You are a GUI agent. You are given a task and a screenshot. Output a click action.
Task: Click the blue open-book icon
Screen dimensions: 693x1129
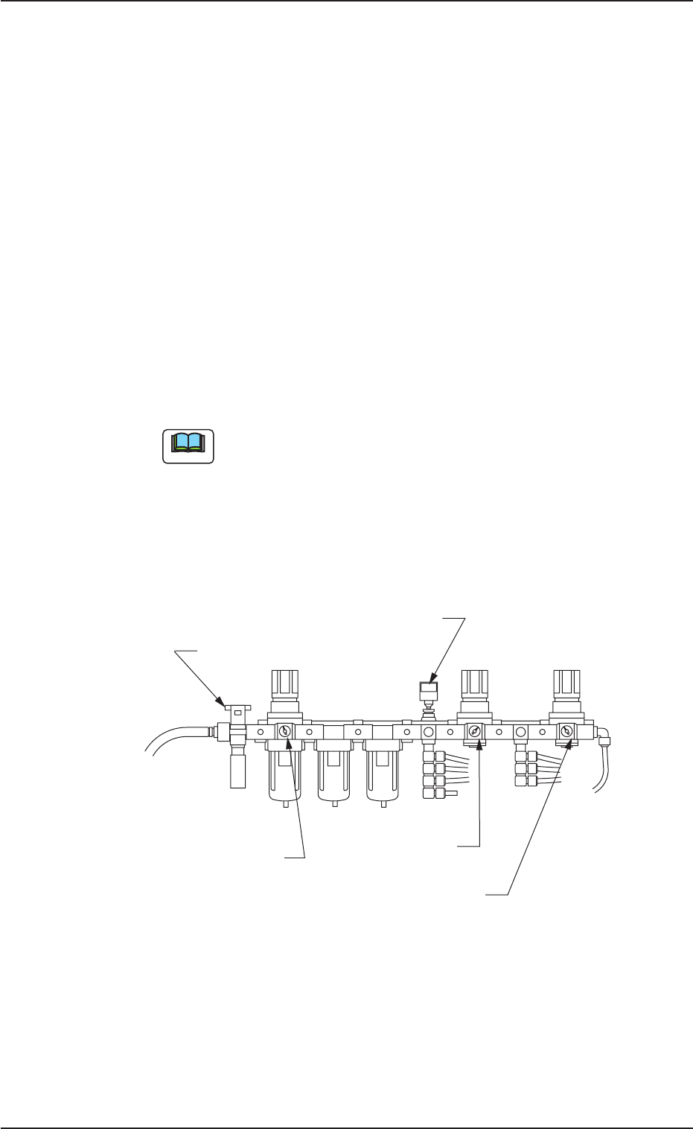click(188, 446)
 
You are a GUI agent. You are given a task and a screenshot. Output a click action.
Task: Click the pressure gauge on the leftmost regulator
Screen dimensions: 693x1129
click(285, 732)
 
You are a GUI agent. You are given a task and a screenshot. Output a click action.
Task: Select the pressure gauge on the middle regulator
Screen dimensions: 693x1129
click(474, 732)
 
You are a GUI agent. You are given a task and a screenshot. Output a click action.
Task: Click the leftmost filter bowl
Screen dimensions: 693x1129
click(285, 773)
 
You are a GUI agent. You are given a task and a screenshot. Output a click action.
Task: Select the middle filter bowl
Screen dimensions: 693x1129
click(333, 773)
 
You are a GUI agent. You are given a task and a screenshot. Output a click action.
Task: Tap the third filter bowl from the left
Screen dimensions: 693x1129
click(382, 773)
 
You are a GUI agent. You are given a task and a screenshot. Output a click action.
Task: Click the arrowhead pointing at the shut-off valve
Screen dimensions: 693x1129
click(221, 701)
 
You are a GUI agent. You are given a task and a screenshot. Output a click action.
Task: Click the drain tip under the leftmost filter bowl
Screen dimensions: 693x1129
click(286, 806)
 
